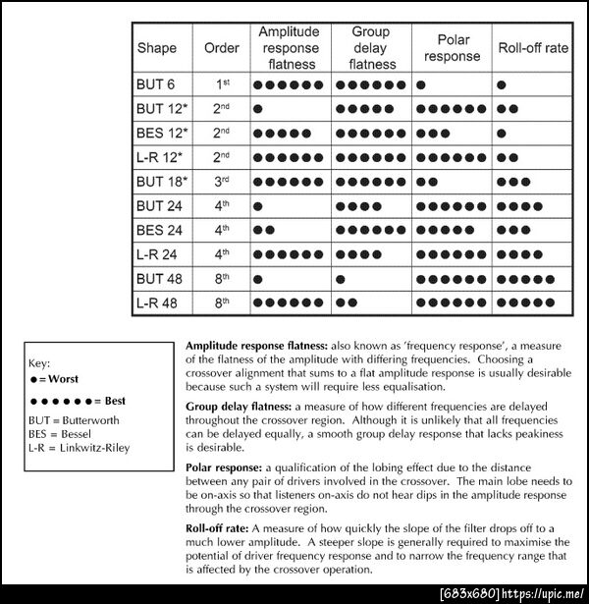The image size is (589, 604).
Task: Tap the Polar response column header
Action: point(453,48)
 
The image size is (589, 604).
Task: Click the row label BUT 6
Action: point(155,84)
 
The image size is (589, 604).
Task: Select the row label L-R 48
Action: point(157,302)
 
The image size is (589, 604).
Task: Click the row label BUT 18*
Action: point(161,182)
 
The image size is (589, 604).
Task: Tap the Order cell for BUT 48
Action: point(222,278)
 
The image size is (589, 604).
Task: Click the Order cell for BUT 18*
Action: point(222,182)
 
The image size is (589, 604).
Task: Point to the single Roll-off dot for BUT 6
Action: point(502,84)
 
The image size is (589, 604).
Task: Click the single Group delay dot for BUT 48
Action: point(340,279)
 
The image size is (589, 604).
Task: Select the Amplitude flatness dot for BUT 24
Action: point(258,206)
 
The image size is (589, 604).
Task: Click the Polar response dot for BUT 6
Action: point(420,84)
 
